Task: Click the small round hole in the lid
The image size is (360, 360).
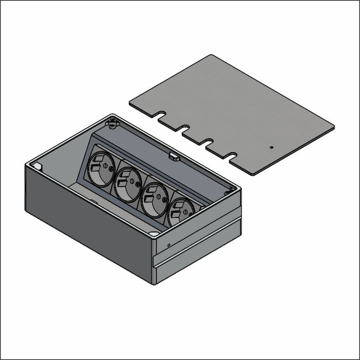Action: point(271,147)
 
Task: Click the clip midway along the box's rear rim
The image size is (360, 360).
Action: point(174,157)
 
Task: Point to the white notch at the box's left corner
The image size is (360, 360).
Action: point(38,166)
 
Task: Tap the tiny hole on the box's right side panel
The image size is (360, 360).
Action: point(168,245)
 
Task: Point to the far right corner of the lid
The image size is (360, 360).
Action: point(334,127)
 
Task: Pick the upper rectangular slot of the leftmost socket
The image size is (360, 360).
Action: point(95,159)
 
